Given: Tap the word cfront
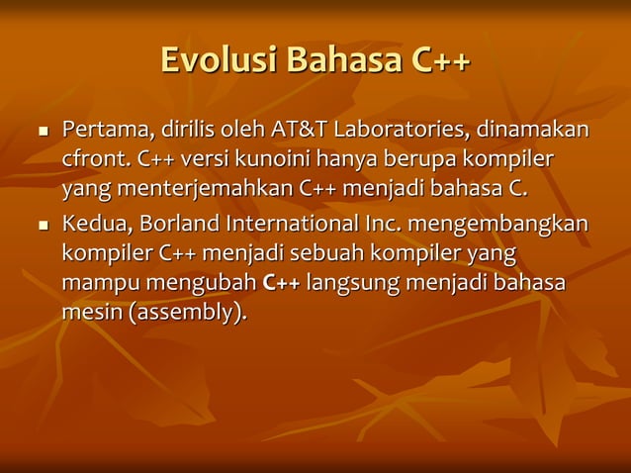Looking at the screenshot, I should tap(96, 159).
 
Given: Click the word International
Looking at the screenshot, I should tap(293, 226).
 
